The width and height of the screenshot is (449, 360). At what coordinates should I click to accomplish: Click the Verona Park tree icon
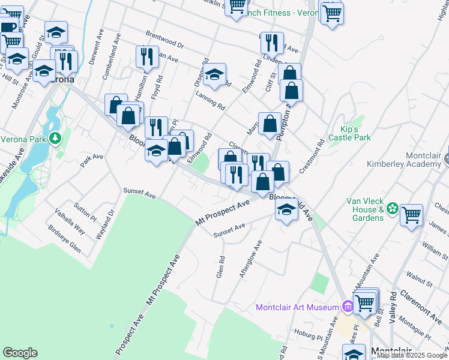click(55, 139)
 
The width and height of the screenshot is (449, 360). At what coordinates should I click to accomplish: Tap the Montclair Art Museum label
click(298, 307)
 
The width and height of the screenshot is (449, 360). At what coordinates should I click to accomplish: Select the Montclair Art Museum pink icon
click(347, 307)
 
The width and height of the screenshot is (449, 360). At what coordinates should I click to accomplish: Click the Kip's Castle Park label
click(355, 133)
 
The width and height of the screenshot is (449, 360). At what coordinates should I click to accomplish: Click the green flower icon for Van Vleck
click(393, 209)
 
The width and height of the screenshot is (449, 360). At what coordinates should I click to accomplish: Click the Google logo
click(20, 353)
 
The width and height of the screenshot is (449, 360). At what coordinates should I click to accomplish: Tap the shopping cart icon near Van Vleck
click(412, 214)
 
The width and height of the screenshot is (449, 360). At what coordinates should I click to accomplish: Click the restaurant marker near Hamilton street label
click(147, 56)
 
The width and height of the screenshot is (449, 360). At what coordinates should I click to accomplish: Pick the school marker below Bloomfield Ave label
click(287, 210)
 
